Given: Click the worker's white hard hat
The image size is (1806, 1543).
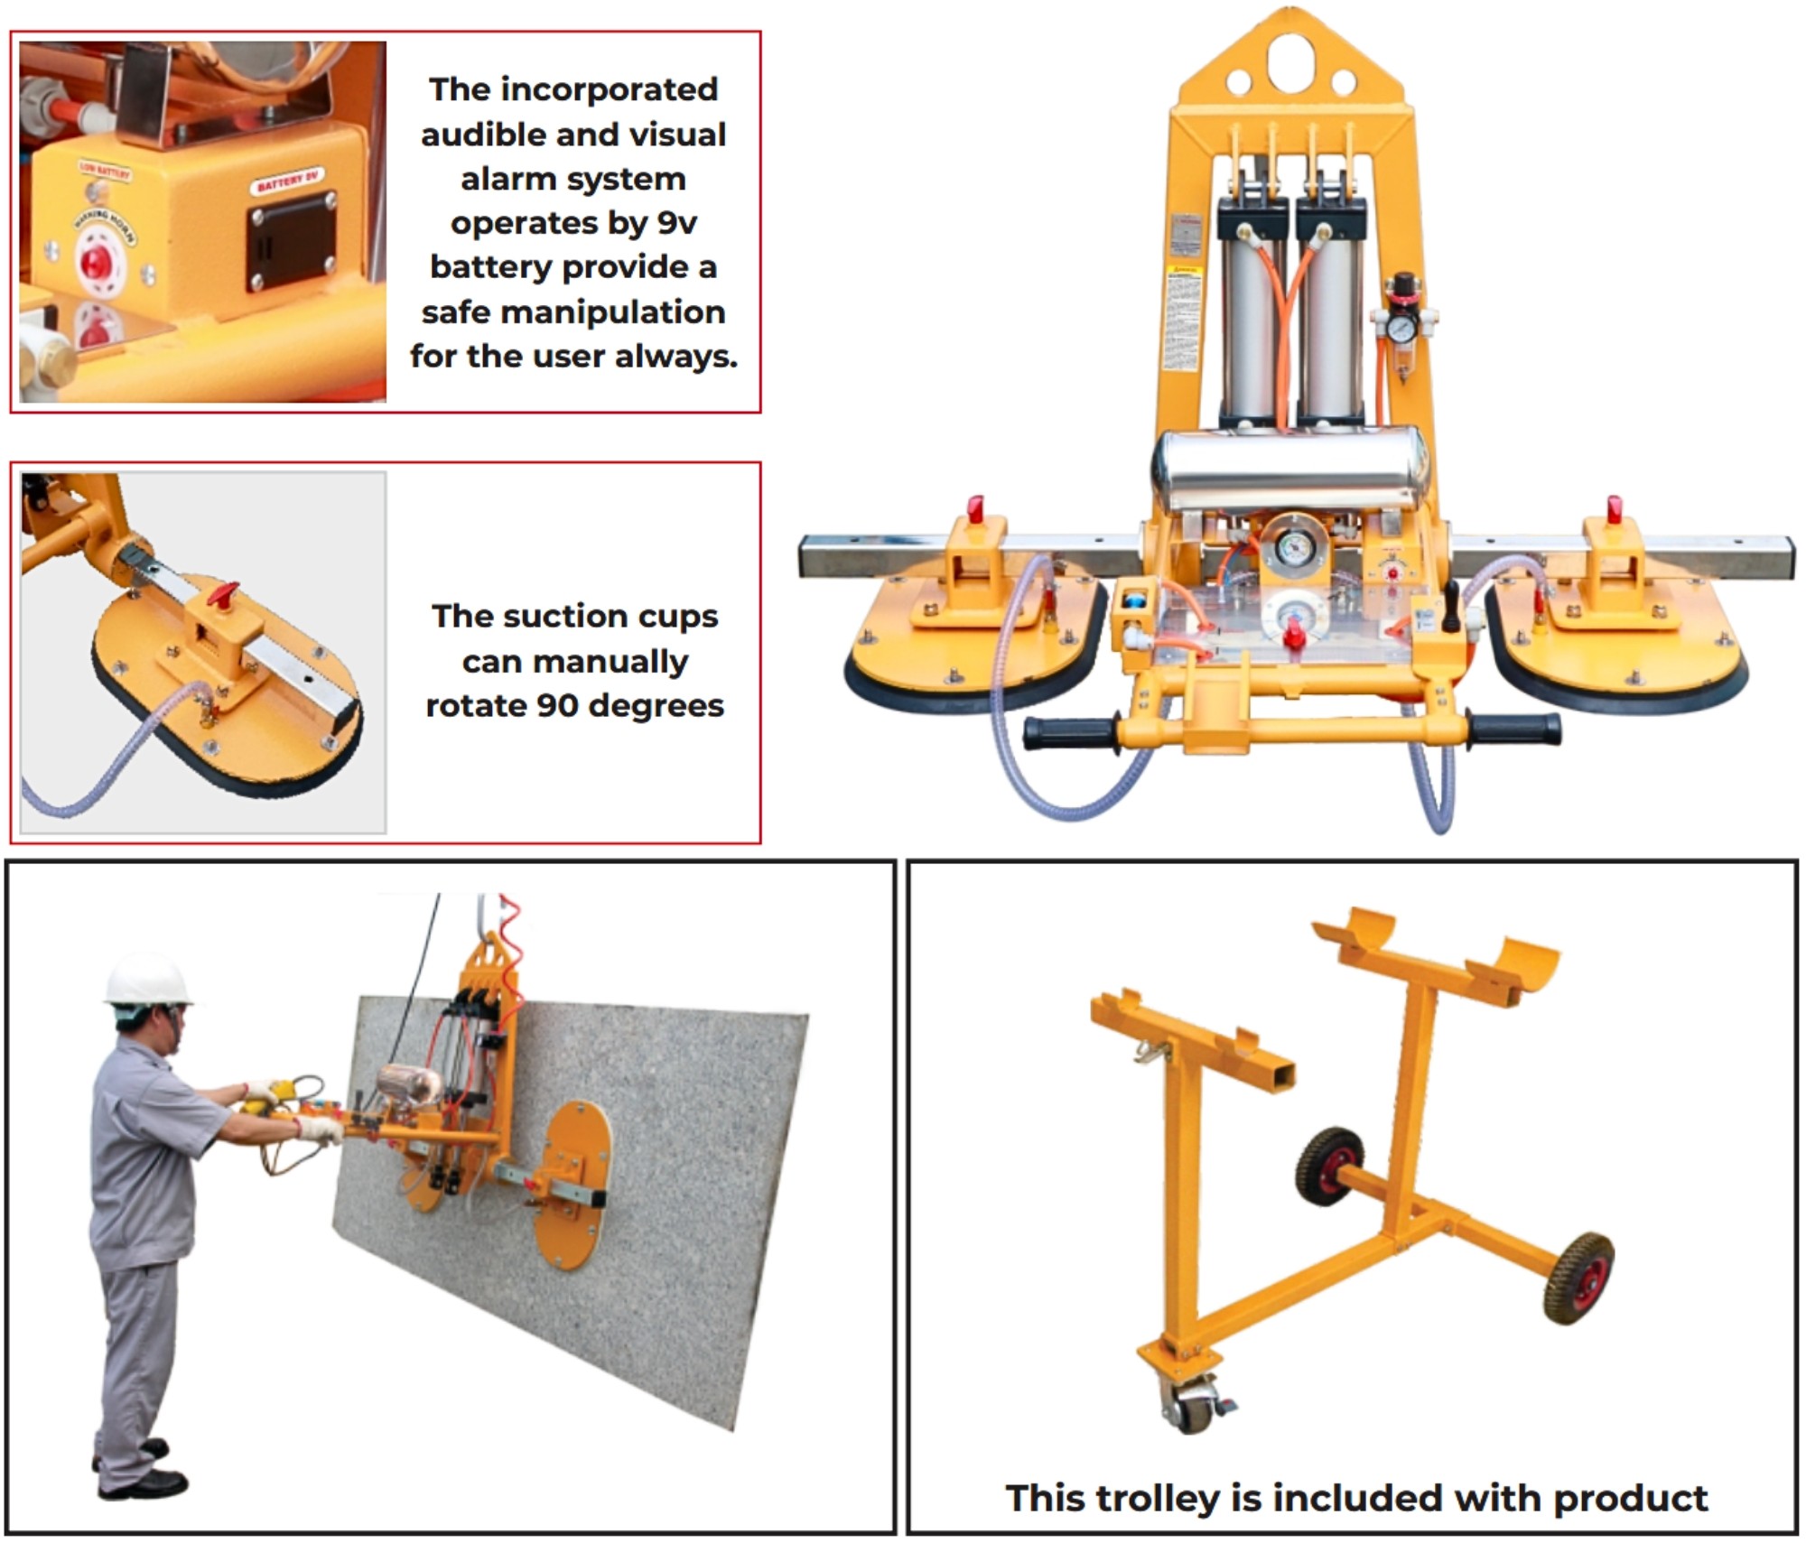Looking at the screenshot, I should (x=147, y=980).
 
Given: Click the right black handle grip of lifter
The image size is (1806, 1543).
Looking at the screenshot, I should (x=1514, y=729).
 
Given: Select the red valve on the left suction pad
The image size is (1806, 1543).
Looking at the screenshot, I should (x=975, y=509).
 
